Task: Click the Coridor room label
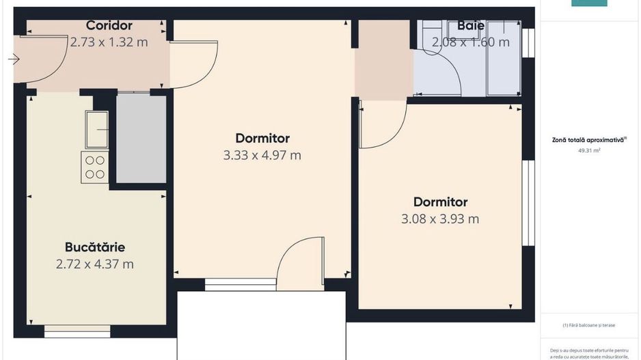(x=109, y=26)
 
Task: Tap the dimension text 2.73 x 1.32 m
(x=109, y=42)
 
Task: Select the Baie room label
(x=471, y=26)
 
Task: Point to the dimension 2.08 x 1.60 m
(x=471, y=42)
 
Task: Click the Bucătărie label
(x=95, y=247)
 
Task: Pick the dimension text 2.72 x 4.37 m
(x=95, y=264)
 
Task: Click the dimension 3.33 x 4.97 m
(x=262, y=155)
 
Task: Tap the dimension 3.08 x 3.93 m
(x=440, y=219)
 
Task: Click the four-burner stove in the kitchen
(x=95, y=167)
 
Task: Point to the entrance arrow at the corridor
(x=14, y=59)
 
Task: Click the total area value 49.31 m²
(x=589, y=151)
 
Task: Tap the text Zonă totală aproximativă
(x=589, y=139)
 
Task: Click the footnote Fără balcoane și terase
(x=589, y=325)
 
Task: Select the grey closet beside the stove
(x=141, y=138)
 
